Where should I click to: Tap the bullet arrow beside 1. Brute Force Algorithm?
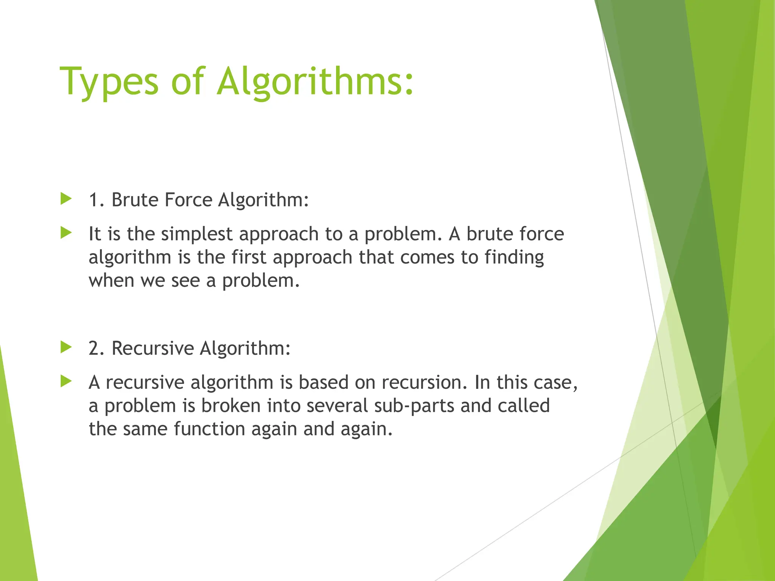coord(66,199)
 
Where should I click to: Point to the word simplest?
coord(196,234)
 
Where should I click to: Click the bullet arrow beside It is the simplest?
coord(66,233)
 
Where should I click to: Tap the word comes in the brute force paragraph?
coord(427,258)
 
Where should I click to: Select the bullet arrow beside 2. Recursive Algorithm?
coord(66,347)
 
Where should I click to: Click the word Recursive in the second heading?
coord(153,348)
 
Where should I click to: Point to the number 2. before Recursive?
coord(96,348)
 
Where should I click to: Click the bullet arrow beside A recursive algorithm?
coord(66,381)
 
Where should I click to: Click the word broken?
coord(231,406)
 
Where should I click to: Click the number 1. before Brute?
coord(96,200)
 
